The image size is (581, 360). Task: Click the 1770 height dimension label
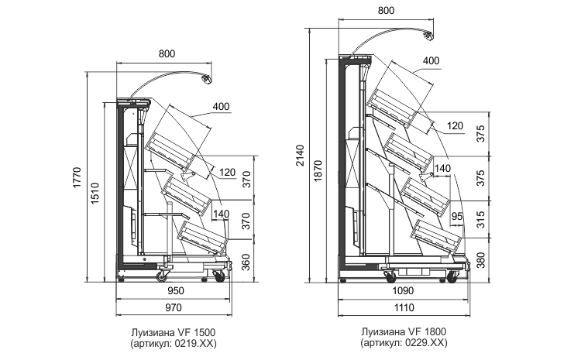[77, 177]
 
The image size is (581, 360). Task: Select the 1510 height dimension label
[95, 193]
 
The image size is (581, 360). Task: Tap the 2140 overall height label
[300, 155]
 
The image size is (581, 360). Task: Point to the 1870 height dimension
[318, 170]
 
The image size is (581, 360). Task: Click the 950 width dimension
[176, 291]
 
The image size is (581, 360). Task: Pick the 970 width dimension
[174, 308]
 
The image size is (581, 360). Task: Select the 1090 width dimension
[403, 291]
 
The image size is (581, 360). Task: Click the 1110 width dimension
[404, 308]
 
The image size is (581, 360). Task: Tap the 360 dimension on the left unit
[246, 262]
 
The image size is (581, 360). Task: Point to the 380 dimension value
[480, 260]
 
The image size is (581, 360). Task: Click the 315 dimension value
[480, 219]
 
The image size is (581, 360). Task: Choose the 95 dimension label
[457, 216]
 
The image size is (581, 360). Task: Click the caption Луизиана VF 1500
[174, 332]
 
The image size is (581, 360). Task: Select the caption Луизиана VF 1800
[404, 331]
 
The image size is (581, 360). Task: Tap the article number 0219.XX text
[193, 343]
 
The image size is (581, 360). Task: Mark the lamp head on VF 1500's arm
[206, 79]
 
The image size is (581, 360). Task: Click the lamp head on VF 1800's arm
[428, 36]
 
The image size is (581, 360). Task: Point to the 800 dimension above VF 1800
[386, 10]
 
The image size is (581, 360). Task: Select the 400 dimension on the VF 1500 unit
[222, 107]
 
